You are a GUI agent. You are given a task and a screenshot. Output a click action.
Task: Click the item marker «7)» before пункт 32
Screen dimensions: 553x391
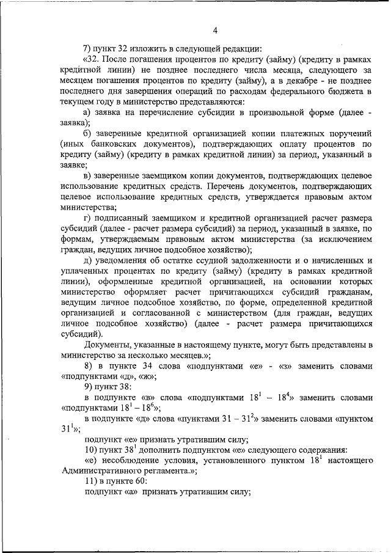88,49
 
